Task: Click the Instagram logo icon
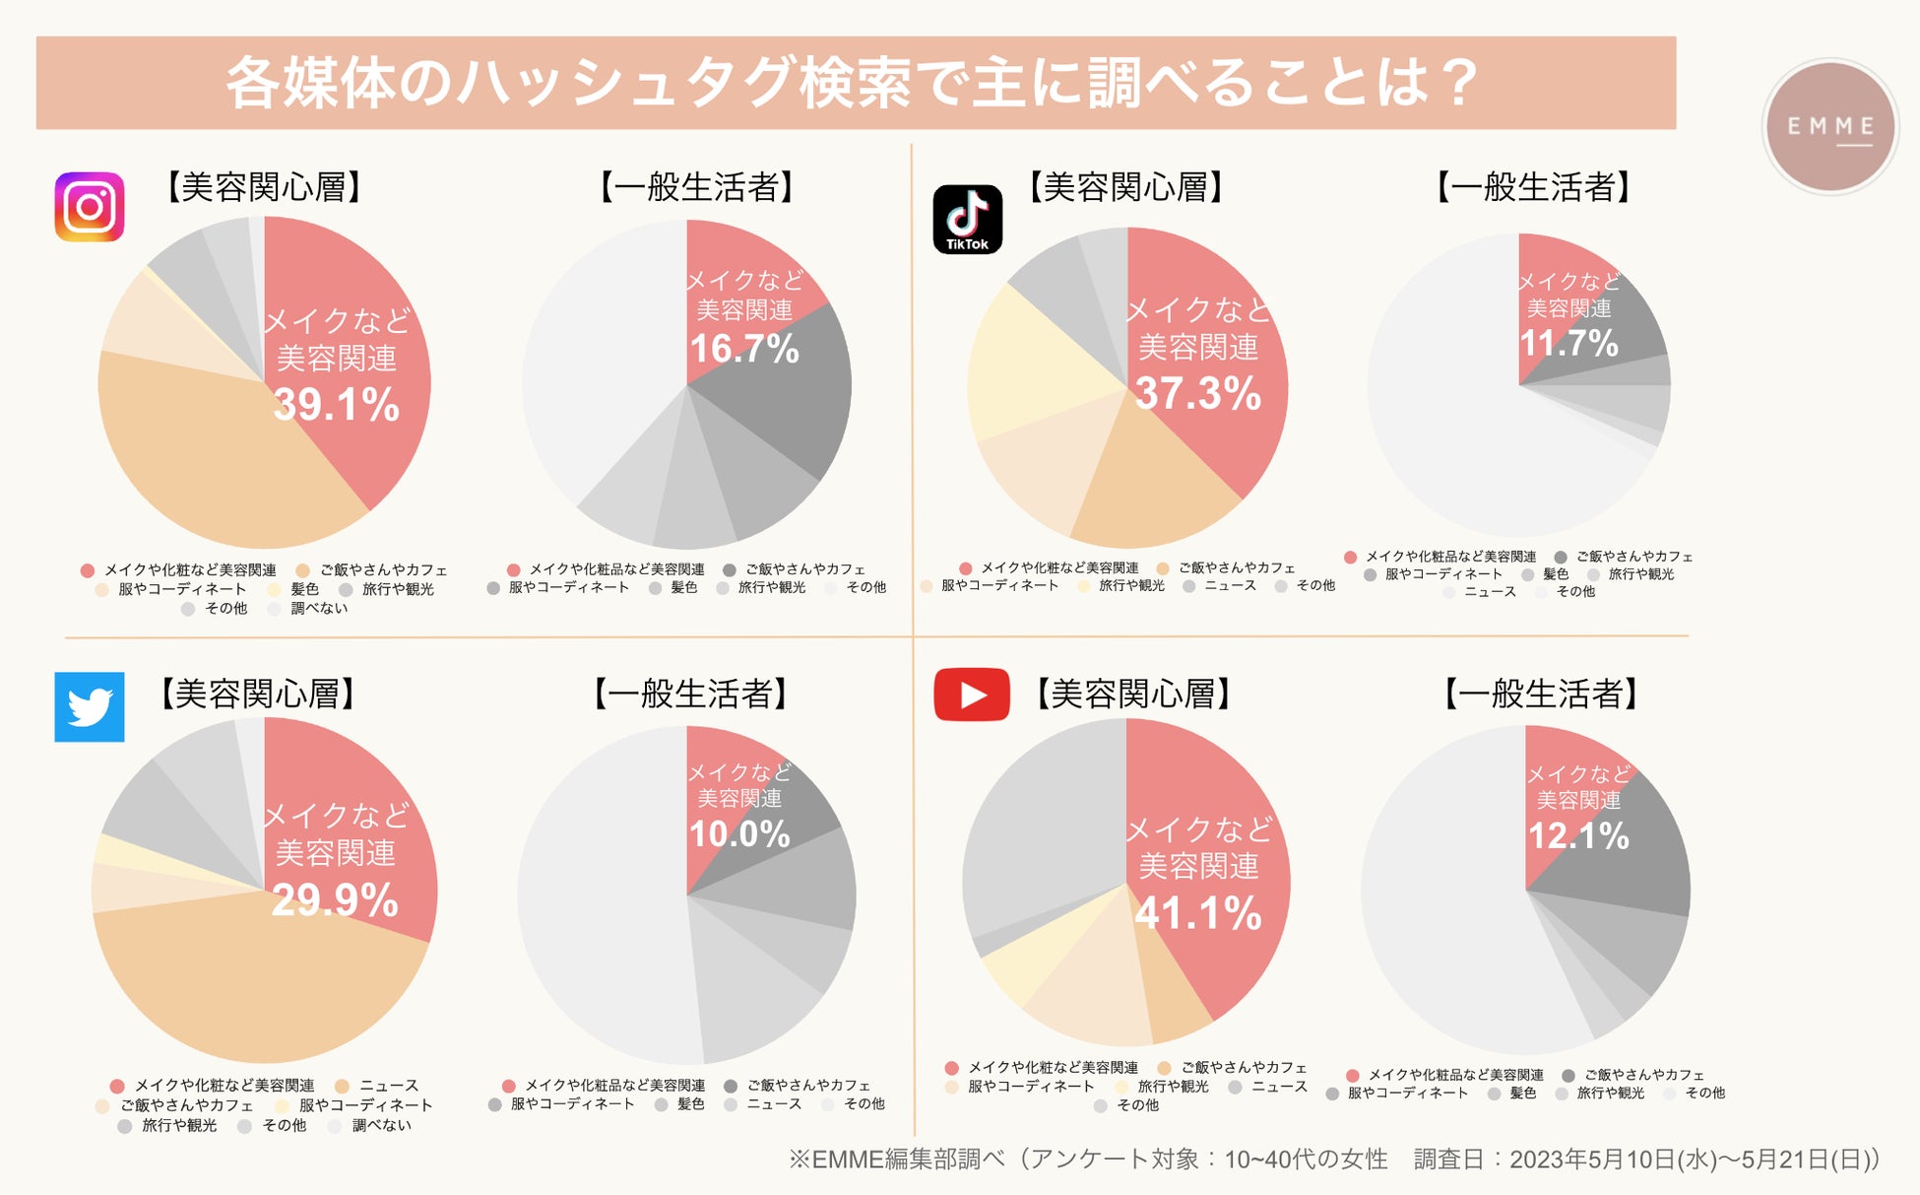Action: (x=90, y=207)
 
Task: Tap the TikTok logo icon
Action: (x=967, y=219)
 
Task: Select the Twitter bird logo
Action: (x=90, y=706)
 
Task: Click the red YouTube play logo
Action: (x=972, y=695)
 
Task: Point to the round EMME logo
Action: (x=1829, y=126)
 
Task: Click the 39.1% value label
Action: (x=337, y=405)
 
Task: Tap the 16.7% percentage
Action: (x=744, y=349)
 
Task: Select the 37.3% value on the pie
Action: (x=1198, y=394)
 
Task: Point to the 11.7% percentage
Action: (x=1568, y=344)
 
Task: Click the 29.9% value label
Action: (x=335, y=900)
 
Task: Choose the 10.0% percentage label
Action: (x=739, y=834)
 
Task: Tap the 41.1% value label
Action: (x=1198, y=913)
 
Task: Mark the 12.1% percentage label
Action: (x=1578, y=836)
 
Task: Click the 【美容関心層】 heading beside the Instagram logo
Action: (x=264, y=187)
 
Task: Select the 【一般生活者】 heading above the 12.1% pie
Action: (x=1540, y=694)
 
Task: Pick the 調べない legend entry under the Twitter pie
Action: (x=381, y=1125)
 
